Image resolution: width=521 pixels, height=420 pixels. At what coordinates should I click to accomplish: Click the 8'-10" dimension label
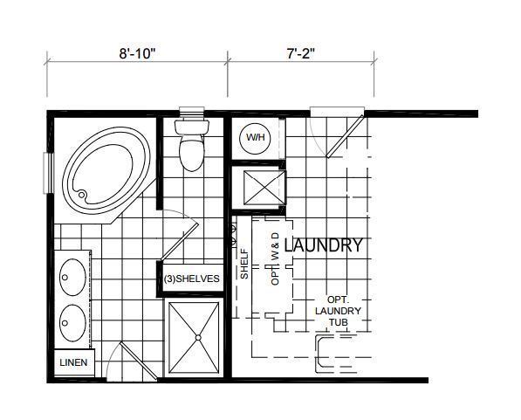[x=137, y=53]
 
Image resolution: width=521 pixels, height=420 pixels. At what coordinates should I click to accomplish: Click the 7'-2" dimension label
[x=301, y=53]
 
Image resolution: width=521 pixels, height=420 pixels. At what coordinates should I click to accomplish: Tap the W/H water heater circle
[x=255, y=138]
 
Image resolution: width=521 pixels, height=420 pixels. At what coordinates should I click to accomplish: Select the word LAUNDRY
[x=324, y=245]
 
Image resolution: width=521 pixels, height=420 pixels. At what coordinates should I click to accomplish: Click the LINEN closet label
[x=73, y=362]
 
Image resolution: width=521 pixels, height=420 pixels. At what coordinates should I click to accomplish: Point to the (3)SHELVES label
[x=192, y=279]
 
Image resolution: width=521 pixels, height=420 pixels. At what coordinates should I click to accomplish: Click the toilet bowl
[x=191, y=154]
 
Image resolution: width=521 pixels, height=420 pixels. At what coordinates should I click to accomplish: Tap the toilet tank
[x=192, y=127]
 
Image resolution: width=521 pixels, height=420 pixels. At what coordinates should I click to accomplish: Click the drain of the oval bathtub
[x=82, y=194]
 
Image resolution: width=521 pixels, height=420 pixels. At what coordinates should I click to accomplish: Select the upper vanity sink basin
[x=72, y=277]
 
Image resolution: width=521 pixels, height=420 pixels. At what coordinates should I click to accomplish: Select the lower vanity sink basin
[x=72, y=323]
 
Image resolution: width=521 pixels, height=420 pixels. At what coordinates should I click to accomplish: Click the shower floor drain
[x=198, y=338]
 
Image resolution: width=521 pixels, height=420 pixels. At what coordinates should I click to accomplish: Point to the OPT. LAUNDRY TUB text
[x=338, y=311]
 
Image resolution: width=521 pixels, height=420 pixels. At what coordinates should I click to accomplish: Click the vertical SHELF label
[x=244, y=265]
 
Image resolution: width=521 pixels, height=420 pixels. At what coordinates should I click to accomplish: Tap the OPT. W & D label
[x=276, y=258]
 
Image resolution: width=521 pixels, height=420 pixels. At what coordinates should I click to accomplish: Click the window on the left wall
[x=49, y=173]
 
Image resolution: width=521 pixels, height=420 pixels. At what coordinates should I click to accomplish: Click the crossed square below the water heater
[x=264, y=188]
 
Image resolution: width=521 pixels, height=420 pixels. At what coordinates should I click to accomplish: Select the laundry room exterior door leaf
[x=345, y=136]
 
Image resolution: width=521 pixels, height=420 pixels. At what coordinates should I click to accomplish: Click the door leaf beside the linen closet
[x=138, y=361]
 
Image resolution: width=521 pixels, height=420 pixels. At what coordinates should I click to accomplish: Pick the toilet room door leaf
[x=180, y=242]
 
